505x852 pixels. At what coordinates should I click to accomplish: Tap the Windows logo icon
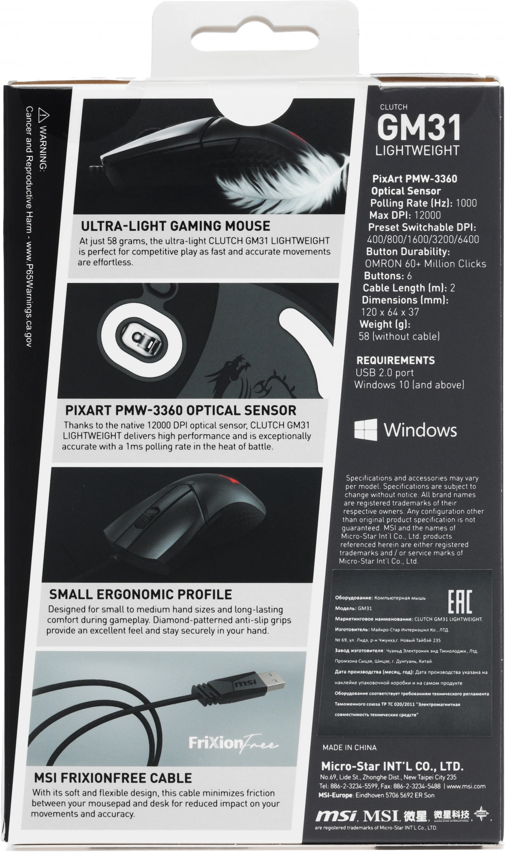click(x=366, y=429)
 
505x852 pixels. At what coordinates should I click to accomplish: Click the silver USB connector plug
click(x=272, y=676)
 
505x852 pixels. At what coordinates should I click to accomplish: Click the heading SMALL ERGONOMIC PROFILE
click(x=141, y=594)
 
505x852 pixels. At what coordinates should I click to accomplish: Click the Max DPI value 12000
click(x=427, y=215)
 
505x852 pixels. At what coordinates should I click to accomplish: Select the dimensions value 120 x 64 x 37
click(x=390, y=312)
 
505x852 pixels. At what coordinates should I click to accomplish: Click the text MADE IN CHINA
click(x=349, y=747)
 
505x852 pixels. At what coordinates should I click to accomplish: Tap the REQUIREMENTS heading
click(x=395, y=360)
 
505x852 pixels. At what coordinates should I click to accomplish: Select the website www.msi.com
click(x=466, y=786)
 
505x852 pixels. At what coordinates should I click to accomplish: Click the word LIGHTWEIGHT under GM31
click(x=417, y=150)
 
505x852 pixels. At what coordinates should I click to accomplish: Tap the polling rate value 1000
click(x=466, y=203)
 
